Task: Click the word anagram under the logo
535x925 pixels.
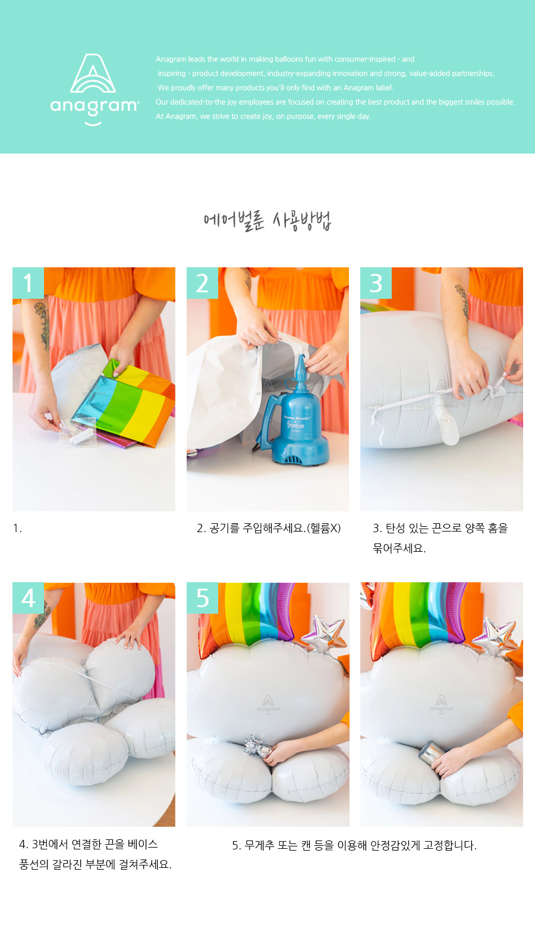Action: pyautogui.click(x=95, y=107)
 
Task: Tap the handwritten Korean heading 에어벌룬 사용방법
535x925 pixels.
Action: pyautogui.click(x=267, y=220)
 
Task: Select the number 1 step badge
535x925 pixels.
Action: pyautogui.click(x=28, y=283)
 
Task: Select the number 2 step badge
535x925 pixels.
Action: pyautogui.click(x=202, y=283)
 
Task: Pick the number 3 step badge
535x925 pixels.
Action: pyautogui.click(x=376, y=283)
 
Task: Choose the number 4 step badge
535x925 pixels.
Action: pyautogui.click(x=28, y=598)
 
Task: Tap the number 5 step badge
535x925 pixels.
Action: pyautogui.click(x=202, y=598)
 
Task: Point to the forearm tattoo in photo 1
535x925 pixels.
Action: pyautogui.click(x=42, y=325)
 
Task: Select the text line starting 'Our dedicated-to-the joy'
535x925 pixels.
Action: pyautogui.click(x=335, y=102)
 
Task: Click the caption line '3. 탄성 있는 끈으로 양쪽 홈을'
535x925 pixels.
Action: pyautogui.click(x=440, y=528)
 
